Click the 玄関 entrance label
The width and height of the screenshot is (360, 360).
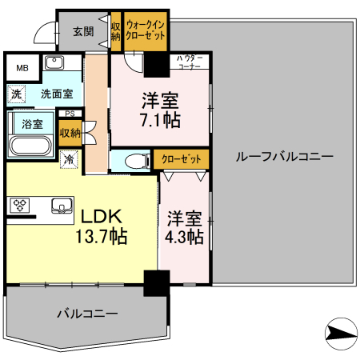pos(82,32)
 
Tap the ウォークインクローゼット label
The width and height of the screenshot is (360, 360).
pos(145,32)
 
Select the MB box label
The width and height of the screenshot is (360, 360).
pos(22,68)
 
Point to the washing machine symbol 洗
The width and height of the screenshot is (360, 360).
pos(16,94)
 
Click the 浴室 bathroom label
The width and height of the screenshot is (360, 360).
pos(32,124)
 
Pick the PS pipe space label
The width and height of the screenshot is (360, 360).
pos(70,114)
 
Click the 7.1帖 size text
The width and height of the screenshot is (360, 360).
pos(161,121)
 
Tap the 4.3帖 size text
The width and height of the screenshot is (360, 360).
pos(185,238)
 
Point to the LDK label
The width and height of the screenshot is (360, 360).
pos(98,216)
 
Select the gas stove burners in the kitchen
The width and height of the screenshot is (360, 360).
pos(19,206)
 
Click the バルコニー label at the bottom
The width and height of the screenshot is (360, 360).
pos(87,314)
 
